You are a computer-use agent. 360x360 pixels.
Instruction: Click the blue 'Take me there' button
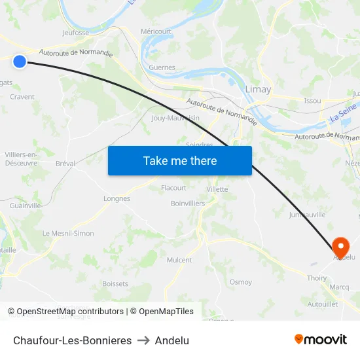pos(180,160)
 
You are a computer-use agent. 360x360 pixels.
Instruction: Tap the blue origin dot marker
pos(20,62)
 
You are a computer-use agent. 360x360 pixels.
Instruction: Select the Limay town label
pos(258,89)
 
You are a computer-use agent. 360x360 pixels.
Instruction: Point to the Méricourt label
pos(156,31)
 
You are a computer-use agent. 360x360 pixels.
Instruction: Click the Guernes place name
pos(162,67)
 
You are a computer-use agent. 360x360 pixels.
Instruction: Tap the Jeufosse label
pos(75,32)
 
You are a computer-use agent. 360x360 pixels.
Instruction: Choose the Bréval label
pos(65,164)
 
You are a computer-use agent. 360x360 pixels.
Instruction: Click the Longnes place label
pos(117,198)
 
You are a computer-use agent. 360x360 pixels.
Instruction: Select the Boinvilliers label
pos(188,204)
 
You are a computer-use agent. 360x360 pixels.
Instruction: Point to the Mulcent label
pos(179,260)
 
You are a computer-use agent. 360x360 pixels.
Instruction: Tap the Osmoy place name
pos(241,282)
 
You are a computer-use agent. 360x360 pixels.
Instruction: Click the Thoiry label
pos(317,278)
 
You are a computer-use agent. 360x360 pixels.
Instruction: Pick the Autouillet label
pos(323,304)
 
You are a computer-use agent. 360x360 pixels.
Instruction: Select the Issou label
pos(313,101)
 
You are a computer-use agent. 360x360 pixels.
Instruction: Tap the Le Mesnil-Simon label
pos(68,233)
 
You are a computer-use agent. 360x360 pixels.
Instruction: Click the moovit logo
pos(320,339)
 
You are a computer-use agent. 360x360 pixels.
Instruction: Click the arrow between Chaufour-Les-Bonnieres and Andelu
pos(143,340)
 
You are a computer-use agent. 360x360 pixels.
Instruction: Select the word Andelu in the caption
pos(172,340)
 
